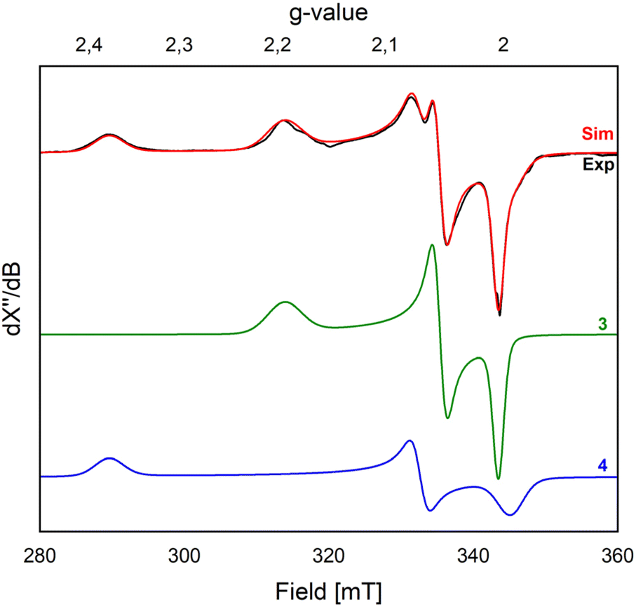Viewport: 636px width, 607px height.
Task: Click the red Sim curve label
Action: (x=598, y=134)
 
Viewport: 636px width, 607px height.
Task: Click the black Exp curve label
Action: (x=599, y=166)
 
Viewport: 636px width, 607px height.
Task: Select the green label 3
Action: (x=602, y=324)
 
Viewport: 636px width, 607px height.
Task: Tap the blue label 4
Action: (x=602, y=465)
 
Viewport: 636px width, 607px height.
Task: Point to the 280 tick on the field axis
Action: (x=40, y=559)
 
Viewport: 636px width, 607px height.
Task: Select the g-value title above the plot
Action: (x=329, y=13)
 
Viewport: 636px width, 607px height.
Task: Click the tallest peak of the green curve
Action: (x=432, y=245)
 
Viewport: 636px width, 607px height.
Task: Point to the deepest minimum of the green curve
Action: (x=498, y=479)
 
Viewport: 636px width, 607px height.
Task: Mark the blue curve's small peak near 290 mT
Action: (x=109, y=458)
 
